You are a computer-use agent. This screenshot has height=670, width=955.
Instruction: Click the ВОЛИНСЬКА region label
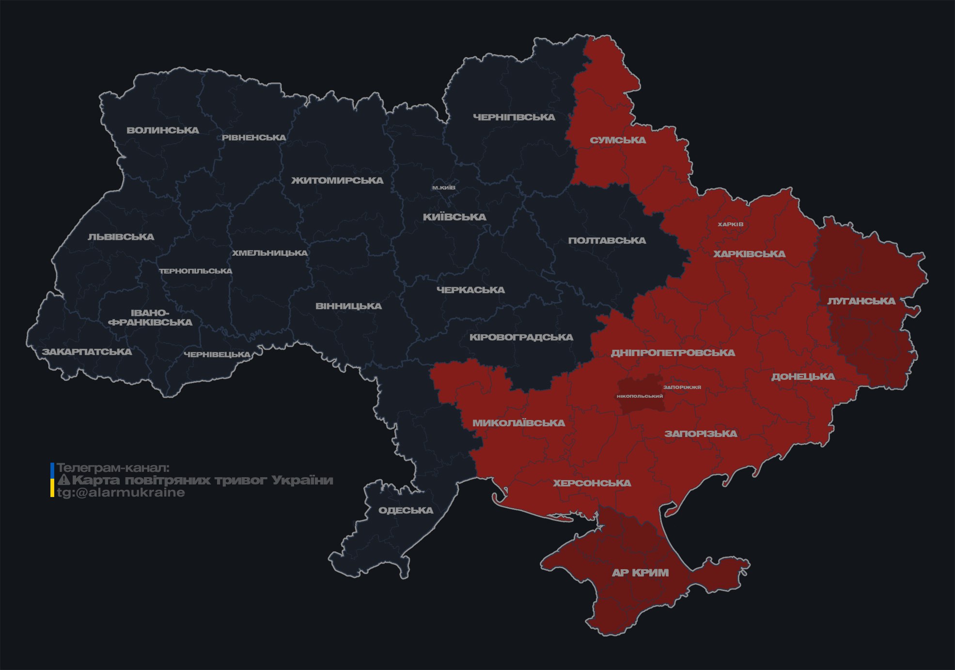[163, 130]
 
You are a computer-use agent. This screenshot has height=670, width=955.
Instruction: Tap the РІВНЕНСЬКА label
[254, 138]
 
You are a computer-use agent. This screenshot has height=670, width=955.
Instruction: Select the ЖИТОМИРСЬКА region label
[337, 181]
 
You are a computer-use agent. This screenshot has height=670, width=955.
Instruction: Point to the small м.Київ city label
[444, 187]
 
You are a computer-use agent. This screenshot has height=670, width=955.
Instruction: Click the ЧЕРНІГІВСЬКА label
[514, 117]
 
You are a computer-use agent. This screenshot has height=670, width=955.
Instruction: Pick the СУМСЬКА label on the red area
[618, 140]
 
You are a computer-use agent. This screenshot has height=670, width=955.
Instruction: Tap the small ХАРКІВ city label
[730, 224]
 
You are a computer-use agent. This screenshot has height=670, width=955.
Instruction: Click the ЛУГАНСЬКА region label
[861, 301]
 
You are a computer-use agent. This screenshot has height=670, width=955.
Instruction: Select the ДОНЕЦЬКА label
[803, 377]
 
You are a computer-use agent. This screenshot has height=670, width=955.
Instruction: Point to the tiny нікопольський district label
[640, 396]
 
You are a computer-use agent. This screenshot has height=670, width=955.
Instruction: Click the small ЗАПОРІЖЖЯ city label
[682, 388]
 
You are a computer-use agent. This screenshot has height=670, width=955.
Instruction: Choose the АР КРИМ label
[640, 573]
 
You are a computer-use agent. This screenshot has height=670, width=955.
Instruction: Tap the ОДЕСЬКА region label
[406, 511]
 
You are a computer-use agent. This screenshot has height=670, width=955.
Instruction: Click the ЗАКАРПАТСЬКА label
[87, 352]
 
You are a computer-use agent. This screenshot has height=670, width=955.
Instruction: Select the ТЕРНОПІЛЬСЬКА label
[196, 271]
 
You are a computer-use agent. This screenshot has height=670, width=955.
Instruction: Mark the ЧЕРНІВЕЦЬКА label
[217, 355]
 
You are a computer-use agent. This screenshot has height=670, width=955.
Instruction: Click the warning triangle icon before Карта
[64, 480]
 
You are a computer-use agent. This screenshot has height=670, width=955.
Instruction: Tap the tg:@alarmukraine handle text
[121, 493]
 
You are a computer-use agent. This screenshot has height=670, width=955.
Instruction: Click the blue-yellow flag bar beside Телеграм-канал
[52, 480]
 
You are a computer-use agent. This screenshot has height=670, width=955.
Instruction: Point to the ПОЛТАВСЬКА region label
[607, 241]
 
